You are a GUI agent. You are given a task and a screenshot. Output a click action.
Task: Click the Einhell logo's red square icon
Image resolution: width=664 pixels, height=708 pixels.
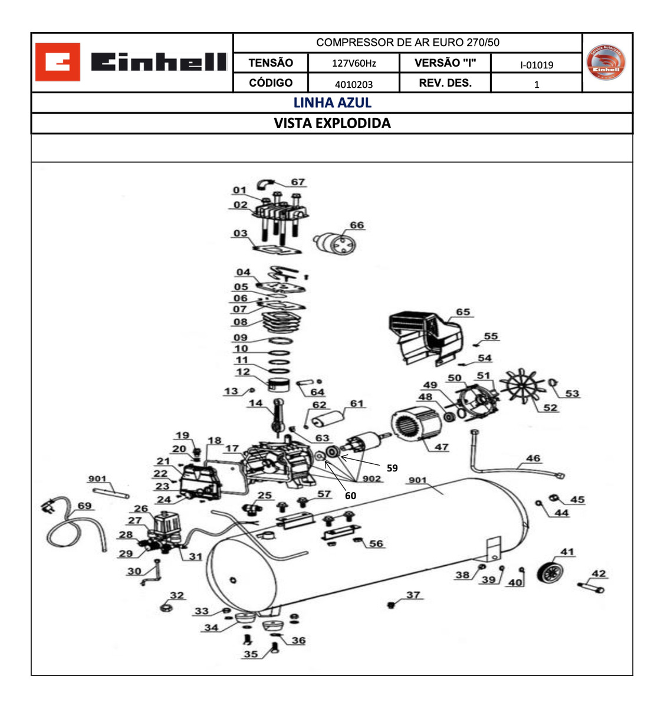(x=57, y=62)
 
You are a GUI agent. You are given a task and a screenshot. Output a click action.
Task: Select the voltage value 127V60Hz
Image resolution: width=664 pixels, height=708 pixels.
(x=354, y=63)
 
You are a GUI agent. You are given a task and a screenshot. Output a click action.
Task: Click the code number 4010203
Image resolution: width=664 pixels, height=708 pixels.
(x=354, y=84)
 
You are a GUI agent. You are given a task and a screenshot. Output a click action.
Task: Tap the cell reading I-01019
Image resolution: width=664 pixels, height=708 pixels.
(x=536, y=64)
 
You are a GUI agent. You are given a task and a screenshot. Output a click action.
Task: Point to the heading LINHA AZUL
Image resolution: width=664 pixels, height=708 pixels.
(x=332, y=103)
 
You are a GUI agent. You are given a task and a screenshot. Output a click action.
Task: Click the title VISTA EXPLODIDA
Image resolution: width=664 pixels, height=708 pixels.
(x=332, y=123)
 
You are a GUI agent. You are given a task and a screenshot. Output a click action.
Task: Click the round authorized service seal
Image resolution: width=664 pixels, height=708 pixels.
(x=607, y=63)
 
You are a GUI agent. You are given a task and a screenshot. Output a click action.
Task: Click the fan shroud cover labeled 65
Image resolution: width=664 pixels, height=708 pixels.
(x=425, y=337)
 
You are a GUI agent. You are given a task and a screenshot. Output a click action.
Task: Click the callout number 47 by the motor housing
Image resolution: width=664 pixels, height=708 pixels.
(x=442, y=447)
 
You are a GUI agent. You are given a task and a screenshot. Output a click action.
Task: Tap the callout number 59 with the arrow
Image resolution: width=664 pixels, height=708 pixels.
(x=392, y=468)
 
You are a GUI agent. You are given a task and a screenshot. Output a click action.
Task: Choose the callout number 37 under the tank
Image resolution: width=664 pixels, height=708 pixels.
(x=413, y=595)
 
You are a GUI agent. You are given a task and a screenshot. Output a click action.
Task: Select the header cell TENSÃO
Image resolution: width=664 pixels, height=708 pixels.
(x=271, y=63)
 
